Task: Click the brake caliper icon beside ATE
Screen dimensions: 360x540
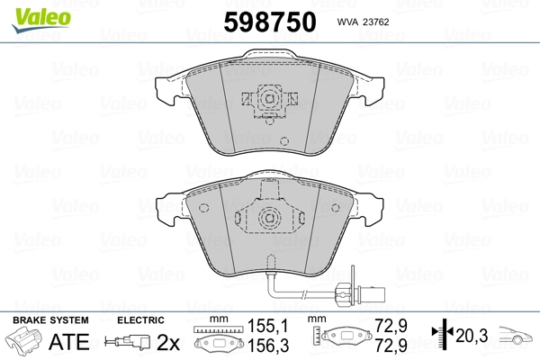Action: [28, 344]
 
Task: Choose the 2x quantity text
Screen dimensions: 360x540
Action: [167, 342]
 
